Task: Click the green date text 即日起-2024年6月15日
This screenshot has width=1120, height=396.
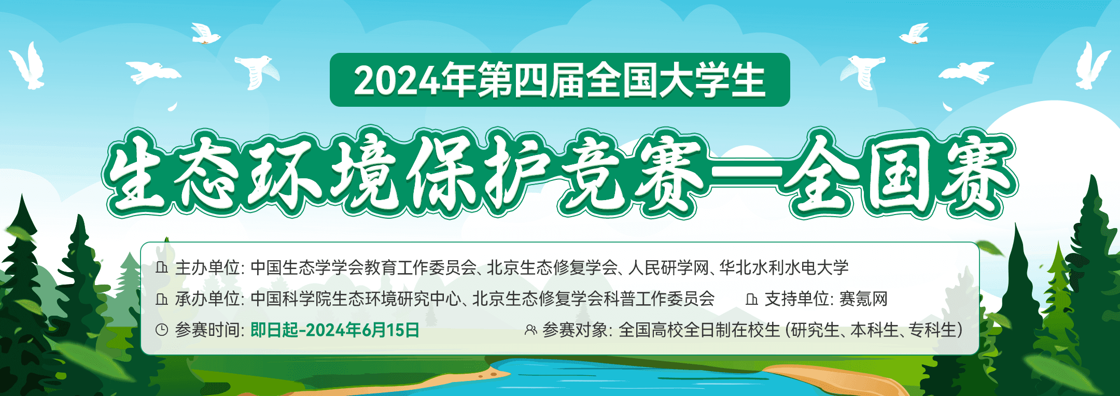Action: pos(335,330)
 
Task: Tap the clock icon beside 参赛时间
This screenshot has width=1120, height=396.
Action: pos(162,330)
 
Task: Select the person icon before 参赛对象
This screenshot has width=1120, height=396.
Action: pos(530,330)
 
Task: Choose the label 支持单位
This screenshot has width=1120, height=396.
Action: pos(796,299)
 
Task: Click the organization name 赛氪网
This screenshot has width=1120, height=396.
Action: pos(863,299)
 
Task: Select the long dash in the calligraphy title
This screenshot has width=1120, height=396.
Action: pos(746,171)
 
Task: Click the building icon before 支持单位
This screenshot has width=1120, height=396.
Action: pos(751,299)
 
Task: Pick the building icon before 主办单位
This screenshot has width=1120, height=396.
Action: pos(162,267)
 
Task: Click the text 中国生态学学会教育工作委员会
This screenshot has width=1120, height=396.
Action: pos(363,267)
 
